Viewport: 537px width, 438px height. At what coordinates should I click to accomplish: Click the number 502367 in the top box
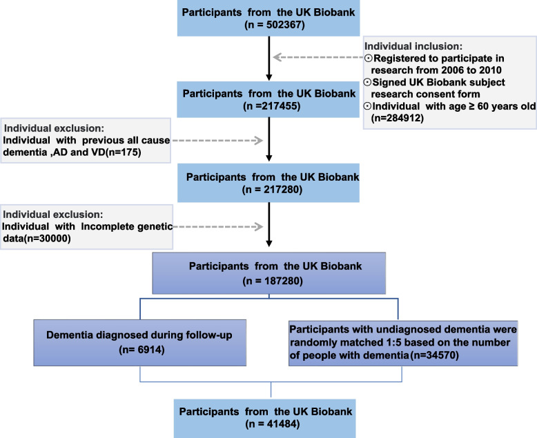click(x=286, y=25)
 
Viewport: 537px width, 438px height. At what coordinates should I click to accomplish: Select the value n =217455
click(x=272, y=106)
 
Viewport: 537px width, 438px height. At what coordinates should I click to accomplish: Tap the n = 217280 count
click(x=272, y=189)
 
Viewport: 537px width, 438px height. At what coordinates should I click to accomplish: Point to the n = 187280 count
click(x=273, y=281)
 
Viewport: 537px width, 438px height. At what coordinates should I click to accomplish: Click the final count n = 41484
click(x=273, y=424)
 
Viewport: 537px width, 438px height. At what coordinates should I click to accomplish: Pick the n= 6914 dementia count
click(x=141, y=350)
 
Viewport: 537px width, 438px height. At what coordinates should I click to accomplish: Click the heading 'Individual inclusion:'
click(x=413, y=46)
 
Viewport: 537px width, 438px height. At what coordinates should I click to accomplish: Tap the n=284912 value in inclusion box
click(x=398, y=118)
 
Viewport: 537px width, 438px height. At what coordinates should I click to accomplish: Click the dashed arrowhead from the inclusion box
click(x=277, y=57)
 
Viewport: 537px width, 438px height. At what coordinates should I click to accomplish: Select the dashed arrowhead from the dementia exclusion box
click(x=259, y=140)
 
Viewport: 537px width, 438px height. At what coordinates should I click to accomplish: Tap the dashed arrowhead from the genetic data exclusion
click(x=259, y=226)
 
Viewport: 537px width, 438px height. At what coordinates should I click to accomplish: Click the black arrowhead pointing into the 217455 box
click(x=269, y=78)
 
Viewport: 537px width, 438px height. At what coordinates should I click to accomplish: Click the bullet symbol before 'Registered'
click(x=369, y=58)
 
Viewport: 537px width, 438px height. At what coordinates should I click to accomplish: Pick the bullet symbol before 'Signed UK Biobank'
click(x=367, y=82)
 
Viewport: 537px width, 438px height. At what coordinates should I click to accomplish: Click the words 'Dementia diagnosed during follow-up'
click(x=139, y=335)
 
